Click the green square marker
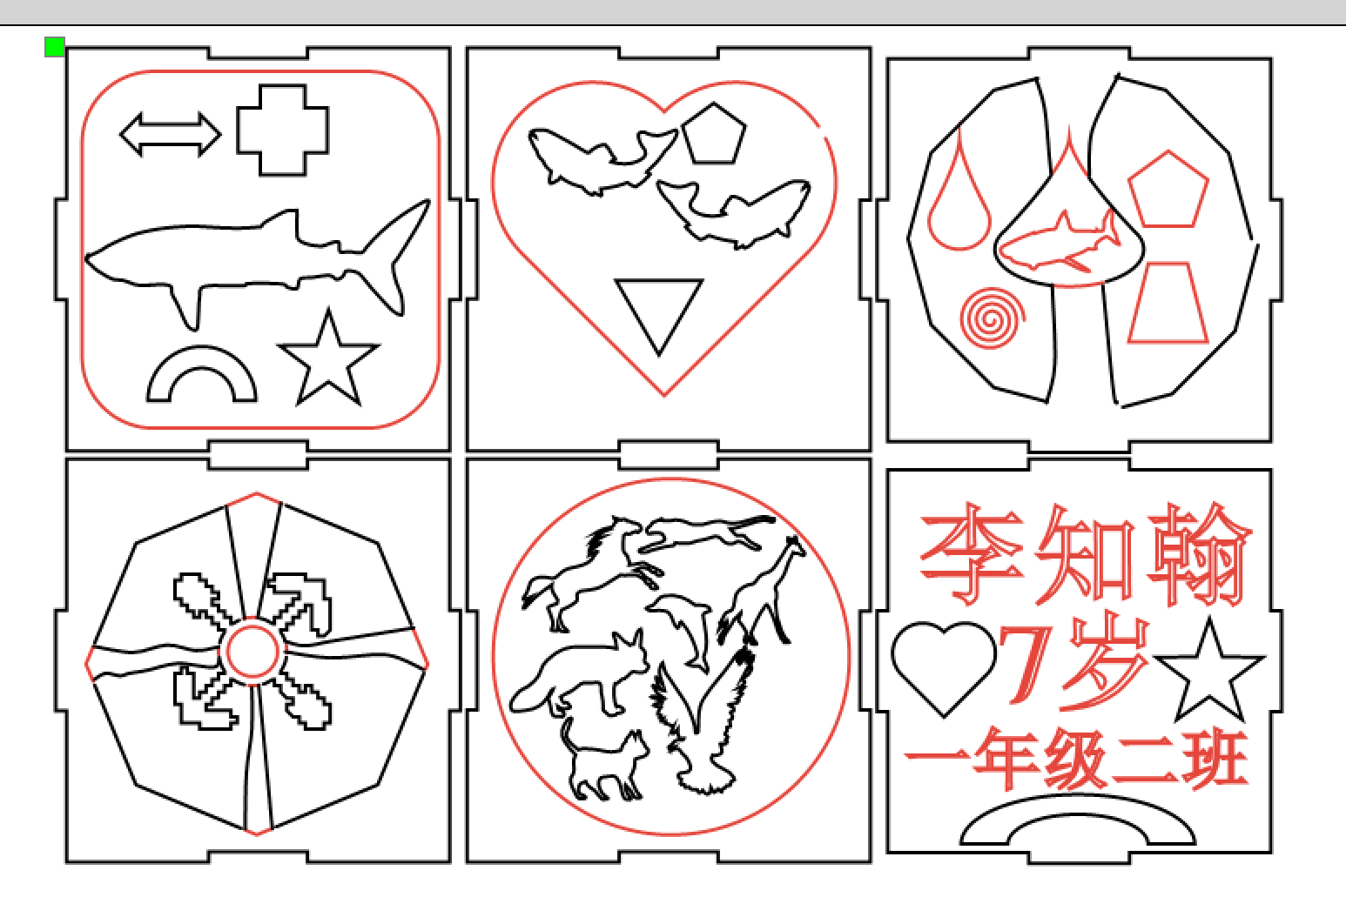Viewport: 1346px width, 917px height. coord(55,47)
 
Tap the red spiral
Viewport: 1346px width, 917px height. coord(993,318)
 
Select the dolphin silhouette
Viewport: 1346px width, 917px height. coord(685,631)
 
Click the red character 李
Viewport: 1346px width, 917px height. coord(971,553)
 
